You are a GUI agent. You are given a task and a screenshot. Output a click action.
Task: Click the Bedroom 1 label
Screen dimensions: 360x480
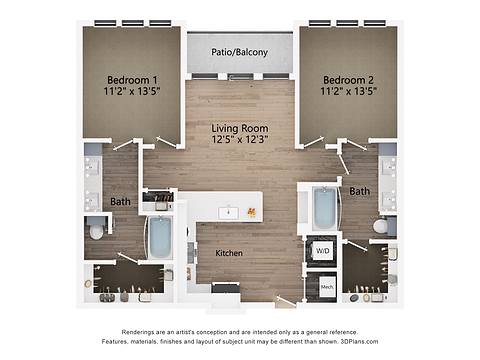(132, 79)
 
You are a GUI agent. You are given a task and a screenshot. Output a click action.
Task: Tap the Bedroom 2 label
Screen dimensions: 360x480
(346, 79)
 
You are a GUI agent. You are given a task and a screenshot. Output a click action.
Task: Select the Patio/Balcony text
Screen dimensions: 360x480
(239, 52)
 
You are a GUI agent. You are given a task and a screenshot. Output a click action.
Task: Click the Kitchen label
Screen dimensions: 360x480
(229, 253)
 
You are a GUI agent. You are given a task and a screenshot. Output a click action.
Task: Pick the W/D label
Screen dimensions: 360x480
(322, 251)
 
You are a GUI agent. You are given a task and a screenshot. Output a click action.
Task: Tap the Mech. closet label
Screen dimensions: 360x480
(326, 287)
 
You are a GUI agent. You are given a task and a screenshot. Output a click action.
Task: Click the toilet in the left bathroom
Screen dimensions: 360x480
(97, 231)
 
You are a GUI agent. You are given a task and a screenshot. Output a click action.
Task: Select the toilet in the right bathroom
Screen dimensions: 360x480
(382, 227)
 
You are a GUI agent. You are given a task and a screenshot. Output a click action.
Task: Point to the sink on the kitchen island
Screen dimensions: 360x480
(229, 211)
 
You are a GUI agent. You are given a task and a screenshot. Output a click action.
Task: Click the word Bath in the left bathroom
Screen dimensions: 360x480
(120, 201)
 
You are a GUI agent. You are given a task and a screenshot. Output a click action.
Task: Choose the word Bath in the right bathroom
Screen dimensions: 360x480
(359, 190)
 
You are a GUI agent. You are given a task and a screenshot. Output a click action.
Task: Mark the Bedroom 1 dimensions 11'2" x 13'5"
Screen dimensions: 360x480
(132, 91)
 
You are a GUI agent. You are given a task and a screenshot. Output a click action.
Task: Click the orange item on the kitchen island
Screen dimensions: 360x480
(252, 212)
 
